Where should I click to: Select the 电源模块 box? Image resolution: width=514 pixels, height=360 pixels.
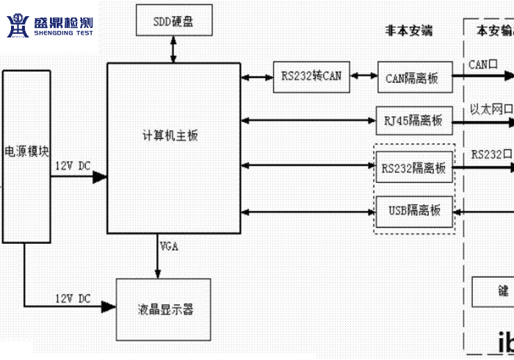click(x=26, y=156)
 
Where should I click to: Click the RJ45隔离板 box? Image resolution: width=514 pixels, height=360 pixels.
click(x=414, y=120)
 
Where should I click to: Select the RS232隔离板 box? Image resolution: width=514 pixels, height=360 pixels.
click(x=413, y=168)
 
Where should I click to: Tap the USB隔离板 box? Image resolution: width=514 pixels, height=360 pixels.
click(x=414, y=211)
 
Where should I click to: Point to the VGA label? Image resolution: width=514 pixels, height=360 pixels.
click(x=169, y=245)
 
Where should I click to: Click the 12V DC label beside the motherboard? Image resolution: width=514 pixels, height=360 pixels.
click(x=73, y=166)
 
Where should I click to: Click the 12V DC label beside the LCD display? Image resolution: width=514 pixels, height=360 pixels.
click(x=73, y=298)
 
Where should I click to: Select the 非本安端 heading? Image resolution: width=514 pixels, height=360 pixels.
click(x=409, y=31)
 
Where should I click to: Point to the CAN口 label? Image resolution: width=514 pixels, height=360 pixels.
click(x=483, y=65)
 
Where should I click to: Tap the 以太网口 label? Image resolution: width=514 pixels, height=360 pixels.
click(x=491, y=109)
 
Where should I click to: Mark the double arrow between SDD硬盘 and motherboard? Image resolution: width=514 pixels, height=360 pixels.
click(x=173, y=49)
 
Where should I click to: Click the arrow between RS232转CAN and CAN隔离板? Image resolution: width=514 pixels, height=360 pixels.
click(x=363, y=76)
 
